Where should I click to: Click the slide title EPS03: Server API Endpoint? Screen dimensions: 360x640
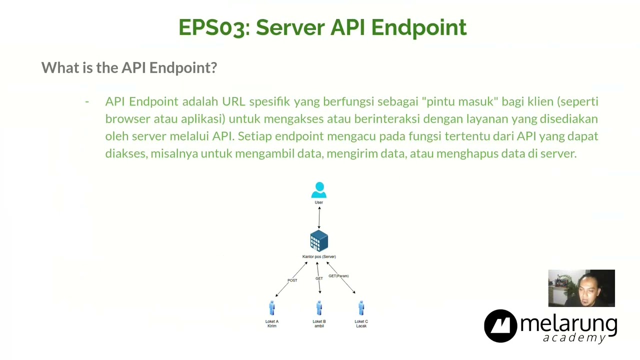pos(322,27)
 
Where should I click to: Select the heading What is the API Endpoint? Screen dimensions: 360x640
pos(129,67)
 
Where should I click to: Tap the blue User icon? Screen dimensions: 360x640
pos(319,190)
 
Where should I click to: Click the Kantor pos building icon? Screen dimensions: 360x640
pos(319,241)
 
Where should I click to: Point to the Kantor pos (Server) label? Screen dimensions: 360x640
pos(319,256)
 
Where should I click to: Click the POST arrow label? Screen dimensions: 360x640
pos(292,280)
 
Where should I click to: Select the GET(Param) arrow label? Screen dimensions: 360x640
pos(338,276)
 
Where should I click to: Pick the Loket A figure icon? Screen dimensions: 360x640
pos(272,308)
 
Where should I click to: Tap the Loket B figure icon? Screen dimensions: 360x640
pos(319,308)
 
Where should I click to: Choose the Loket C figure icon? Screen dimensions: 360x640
pos(361,308)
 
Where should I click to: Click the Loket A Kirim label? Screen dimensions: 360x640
pos(272,323)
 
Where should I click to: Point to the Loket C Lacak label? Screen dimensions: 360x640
pos(361,323)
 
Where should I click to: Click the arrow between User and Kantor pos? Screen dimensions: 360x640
pos(319,217)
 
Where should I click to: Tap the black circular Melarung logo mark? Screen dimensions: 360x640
pos(500,326)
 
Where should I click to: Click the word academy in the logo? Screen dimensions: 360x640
pos(574,338)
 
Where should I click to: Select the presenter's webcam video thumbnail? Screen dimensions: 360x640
pos(581,288)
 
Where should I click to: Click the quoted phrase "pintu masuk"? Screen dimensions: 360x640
pos(460,101)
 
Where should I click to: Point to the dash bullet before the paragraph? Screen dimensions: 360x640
pos(87,101)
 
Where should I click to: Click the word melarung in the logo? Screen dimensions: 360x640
pos(568,323)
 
